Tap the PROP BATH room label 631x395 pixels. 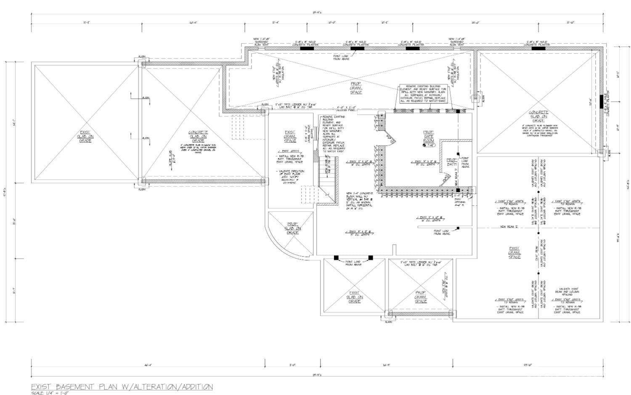451,162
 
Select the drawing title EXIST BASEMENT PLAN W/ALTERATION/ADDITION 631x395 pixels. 122,387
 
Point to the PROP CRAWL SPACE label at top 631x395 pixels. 356,88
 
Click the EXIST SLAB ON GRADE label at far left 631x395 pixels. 85,136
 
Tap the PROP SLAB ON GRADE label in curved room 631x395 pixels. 293,228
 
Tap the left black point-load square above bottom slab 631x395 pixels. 336,257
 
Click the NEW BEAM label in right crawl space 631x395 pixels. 509,227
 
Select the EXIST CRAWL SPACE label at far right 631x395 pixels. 514,252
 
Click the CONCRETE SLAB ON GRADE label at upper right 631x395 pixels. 538,116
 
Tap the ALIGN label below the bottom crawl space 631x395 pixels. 388,322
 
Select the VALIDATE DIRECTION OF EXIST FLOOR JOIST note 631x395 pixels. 290,177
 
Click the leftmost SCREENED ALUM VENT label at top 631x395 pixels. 261,42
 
